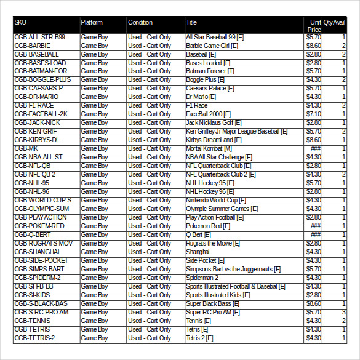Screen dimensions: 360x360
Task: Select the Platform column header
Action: point(92,23)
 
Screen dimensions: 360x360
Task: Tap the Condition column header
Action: point(140,23)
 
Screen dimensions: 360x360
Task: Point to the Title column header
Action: point(191,23)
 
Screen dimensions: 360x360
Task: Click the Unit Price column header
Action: point(314,25)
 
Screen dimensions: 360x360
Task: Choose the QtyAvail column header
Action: point(335,23)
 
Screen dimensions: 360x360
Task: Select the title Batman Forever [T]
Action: point(210,71)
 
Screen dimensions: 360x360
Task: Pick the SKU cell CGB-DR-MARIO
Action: point(36,97)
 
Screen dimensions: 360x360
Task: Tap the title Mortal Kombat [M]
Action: point(209,149)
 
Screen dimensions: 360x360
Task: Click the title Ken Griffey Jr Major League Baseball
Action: point(236,132)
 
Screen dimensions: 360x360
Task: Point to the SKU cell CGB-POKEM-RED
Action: point(39,226)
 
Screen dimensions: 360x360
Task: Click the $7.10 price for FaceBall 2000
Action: point(314,114)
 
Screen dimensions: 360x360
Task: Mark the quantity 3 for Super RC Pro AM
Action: point(344,313)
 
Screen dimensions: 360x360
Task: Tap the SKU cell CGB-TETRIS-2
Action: point(34,338)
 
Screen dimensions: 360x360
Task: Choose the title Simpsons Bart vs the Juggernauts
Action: point(233,270)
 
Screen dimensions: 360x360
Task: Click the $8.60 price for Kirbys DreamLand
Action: point(314,140)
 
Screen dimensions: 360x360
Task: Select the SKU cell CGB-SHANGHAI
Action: point(36,252)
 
